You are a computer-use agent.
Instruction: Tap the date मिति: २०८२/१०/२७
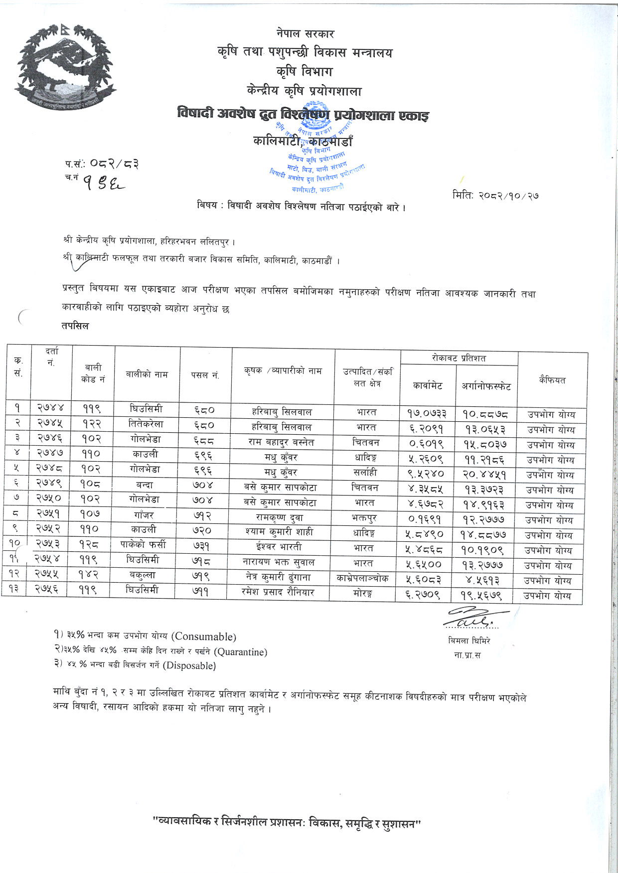tap(495, 195)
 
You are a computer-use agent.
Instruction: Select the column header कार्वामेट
tap(428, 385)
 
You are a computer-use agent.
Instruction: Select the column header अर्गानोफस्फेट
tap(486, 385)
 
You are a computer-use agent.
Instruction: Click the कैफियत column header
tap(552, 380)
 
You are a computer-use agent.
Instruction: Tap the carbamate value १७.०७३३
tap(427, 412)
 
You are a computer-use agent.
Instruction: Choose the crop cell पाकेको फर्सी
tap(146, 544)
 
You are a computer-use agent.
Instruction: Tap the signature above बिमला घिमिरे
tap(470, 618)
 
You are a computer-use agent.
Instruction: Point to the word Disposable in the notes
tap(189, 665)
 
